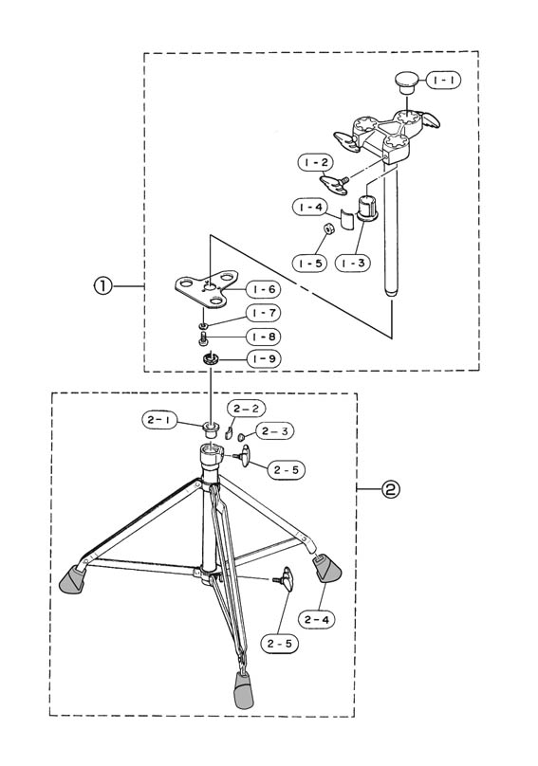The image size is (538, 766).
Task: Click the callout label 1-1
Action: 444,80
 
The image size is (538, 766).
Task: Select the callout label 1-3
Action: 353,263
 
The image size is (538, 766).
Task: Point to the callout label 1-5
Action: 310,263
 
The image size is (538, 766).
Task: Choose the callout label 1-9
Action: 264,359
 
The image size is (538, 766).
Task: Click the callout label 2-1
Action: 160,420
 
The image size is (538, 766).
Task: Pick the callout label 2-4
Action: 316,619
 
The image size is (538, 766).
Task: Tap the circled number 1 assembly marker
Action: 102,285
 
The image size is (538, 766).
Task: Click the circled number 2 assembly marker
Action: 391,488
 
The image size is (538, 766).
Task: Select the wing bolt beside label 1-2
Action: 335,184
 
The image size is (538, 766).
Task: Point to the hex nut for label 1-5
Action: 329,228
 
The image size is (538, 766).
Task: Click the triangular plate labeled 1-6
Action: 207,290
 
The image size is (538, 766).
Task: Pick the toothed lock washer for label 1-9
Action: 211,359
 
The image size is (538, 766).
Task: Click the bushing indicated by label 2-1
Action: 212,429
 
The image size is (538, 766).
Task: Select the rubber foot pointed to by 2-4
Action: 327,568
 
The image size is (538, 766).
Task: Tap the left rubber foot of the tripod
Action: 72,579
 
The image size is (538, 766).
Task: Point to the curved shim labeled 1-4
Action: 347,218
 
